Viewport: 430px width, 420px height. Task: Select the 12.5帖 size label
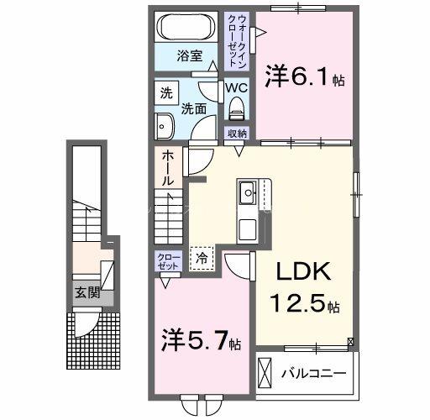(305, 303)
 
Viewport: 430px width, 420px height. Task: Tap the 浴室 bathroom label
(189, 56)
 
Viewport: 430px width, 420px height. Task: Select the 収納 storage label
(236, 134)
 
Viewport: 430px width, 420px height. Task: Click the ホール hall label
(167, 168)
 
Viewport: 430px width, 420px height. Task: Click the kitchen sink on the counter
(249, 195)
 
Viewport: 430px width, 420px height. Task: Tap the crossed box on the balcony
(265, 371)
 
